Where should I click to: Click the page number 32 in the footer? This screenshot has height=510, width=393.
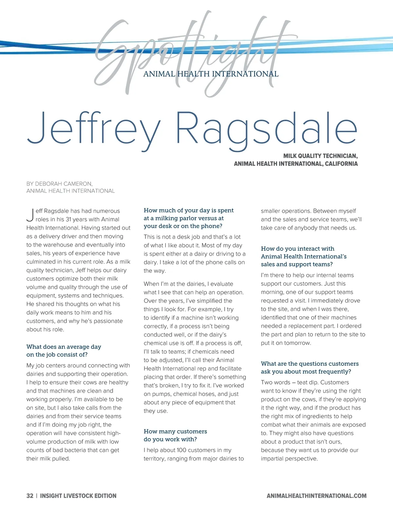(30, 496)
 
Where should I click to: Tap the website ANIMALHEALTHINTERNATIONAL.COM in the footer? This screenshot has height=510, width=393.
(316, 496)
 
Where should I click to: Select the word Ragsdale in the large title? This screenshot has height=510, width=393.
(266, 129)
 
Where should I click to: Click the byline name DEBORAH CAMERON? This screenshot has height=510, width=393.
(64, 184)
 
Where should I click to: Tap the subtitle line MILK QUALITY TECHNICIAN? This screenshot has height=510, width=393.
(320, 156)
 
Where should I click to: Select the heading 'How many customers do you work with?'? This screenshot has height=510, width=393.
(175, 435)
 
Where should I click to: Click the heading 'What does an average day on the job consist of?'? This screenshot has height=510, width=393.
(64, 350)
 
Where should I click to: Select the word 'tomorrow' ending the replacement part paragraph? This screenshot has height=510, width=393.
(298, 343)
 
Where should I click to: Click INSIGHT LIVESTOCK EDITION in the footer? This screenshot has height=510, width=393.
(78, 496)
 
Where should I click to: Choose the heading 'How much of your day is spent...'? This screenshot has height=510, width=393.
(189, 218)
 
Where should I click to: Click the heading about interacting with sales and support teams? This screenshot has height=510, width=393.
(304, 256)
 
